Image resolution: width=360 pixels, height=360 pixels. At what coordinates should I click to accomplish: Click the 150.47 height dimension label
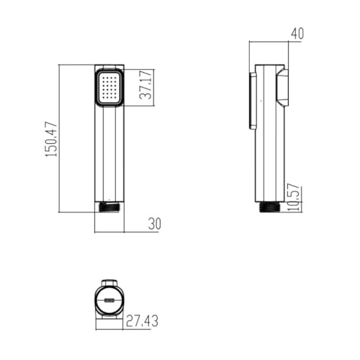pos(51,140)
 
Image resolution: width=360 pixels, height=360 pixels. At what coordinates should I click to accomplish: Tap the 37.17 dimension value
pos(145,85)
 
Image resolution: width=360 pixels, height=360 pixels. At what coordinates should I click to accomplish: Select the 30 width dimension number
pos(155,224)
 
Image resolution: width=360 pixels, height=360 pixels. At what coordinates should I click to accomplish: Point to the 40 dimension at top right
pos(297,34)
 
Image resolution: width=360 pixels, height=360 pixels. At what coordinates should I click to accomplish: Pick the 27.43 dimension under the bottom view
pos(142,321)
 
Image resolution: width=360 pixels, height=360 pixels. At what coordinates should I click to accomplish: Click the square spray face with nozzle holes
pos(109,88)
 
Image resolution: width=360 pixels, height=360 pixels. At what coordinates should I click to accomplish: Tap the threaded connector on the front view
pos(109,207)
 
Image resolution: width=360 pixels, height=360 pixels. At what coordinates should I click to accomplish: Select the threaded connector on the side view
pos(269,207)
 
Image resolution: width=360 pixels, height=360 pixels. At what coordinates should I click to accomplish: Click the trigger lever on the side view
pos(282,87)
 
